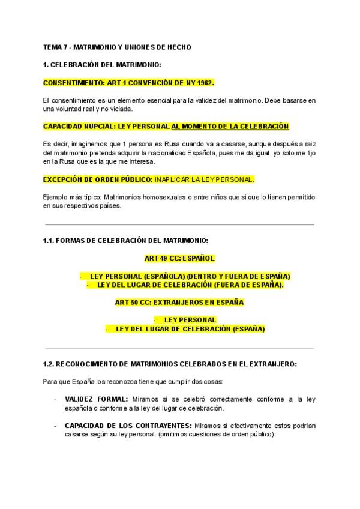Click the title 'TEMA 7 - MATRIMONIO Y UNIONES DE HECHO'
(117, 47)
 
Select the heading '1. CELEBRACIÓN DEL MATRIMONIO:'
(102, 64)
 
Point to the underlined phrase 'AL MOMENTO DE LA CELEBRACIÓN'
(230, 126)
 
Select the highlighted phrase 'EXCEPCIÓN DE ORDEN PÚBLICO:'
(98, 179)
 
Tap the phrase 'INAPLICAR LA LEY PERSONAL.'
(205, 179)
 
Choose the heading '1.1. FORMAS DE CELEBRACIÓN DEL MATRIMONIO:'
(125, 241)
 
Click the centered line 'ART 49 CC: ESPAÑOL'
(179, 258)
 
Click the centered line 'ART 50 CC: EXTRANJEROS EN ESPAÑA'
(179, 303)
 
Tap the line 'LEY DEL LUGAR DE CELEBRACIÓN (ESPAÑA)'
(190, 329)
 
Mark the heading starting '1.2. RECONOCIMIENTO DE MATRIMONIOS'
(170, 364)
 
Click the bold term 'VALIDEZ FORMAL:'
(96, 399)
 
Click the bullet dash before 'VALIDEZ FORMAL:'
(55, 399)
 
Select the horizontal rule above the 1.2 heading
(179, 348)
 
